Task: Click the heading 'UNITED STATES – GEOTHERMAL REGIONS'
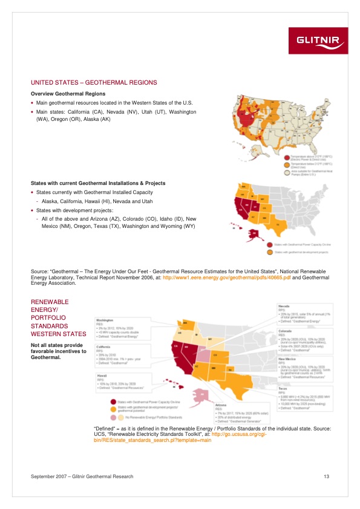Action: tap(94, 82)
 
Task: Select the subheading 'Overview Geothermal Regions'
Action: tap(68, 94)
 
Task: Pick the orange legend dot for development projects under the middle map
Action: tap(270, 252)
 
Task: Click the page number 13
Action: tap(326, 477)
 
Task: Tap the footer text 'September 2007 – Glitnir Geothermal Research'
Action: tap(82, 477)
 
